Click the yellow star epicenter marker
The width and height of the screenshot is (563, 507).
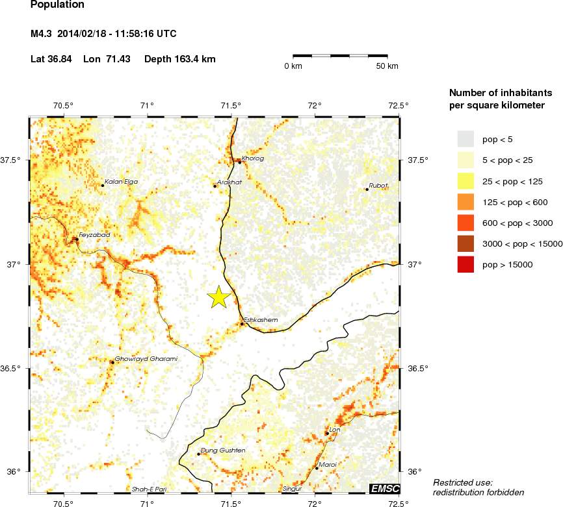point(219,297)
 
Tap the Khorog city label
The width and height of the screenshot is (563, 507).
point(253,158)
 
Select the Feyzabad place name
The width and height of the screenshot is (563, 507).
point(94,234)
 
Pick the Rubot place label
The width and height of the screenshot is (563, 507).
point(378,185)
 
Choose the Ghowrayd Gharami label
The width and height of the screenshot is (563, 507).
point(146,358)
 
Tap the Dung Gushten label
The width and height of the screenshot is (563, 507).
point(223,450)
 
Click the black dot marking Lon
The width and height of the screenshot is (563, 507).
point(326,433)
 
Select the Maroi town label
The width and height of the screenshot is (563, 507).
point(328,464)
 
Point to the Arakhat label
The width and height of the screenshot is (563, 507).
point(229,182)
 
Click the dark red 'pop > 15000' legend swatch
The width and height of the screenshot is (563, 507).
point(466,264)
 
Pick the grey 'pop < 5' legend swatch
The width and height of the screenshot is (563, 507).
point(466,139)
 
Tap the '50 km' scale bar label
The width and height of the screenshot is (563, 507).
point(388,66)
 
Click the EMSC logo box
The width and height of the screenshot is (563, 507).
point(384,488)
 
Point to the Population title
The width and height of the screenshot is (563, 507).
point(57,5)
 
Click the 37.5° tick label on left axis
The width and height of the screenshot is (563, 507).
point(13,160)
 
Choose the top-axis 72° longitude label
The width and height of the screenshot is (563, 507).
point(315,105)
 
